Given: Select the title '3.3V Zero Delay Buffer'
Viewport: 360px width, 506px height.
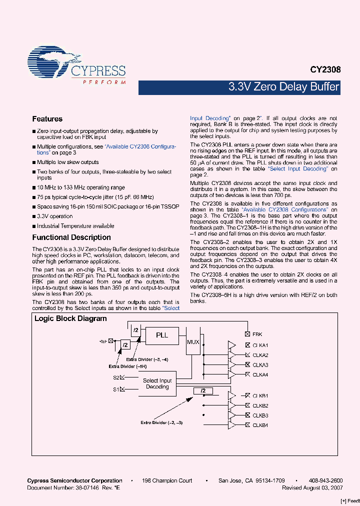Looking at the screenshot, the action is (x=283, y=87).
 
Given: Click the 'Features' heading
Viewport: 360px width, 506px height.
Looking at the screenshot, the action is (x=47, y=119).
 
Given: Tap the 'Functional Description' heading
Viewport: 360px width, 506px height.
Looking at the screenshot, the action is (x=71, y=237).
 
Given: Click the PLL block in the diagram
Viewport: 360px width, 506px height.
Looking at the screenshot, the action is (x=162, y=335).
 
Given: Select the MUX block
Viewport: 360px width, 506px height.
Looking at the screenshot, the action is (x=193, y=342).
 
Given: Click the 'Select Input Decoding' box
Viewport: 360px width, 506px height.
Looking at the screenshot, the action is (x=157, y=383).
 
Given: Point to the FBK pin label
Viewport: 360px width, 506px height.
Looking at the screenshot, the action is (x=257, y=334).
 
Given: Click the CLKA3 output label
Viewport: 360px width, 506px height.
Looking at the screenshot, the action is (x=260, y=365).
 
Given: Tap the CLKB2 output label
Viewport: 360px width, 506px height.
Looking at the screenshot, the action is (x=260, y=405).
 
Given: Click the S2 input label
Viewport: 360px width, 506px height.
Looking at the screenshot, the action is (x=116, y=377).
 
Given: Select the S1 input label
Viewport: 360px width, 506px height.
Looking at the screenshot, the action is (x=116, y=389).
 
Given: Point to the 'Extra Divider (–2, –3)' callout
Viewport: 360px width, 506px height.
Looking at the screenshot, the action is (x=161, y=422).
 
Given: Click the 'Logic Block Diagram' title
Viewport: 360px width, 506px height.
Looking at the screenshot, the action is (x=70, y=318).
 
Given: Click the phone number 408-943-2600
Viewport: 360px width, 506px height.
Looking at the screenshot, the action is (x=323, y=480).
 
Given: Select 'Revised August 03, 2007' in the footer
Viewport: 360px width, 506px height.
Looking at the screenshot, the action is (x=312, y=487).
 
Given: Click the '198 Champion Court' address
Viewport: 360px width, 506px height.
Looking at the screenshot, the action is (x=167, y=480).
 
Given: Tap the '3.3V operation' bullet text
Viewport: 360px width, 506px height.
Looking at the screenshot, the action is (x=54, y=216).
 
